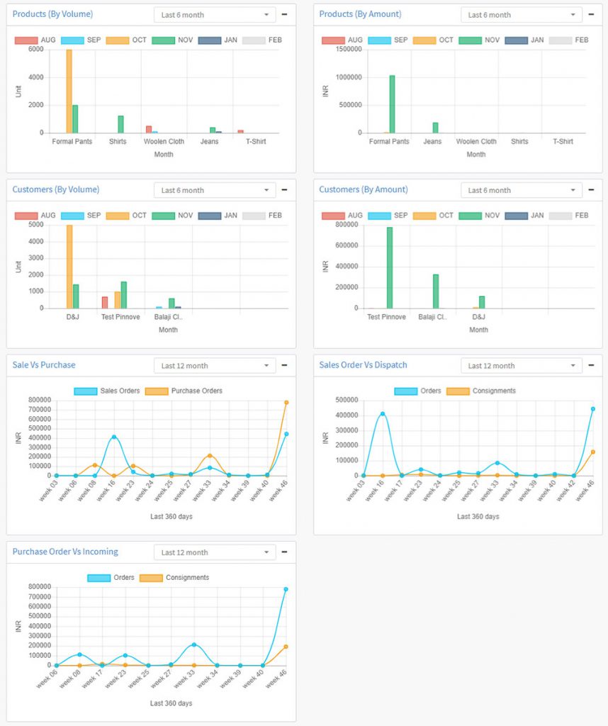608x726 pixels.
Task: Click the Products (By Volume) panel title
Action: coord(52,14)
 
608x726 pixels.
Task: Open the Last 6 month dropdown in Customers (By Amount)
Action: coord(522,190)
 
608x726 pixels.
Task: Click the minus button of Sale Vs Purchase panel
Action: coord(284,365)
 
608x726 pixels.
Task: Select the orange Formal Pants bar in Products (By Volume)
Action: coord(69,91)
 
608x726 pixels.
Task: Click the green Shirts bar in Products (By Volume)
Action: coord(120,124)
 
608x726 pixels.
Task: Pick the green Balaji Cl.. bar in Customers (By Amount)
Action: coord(436,291)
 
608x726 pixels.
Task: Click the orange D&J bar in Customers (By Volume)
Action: coord(69,267)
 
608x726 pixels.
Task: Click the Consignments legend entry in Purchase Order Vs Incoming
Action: coord(186,577)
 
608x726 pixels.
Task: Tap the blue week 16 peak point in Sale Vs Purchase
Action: coord(114,437)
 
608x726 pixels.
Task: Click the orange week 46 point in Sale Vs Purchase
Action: coord(286,402)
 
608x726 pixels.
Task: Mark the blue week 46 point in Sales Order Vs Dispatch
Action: coord(593,408)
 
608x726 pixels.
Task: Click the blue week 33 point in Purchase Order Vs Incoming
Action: coord(193,644)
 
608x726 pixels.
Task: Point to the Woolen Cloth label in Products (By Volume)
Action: coord(164,142)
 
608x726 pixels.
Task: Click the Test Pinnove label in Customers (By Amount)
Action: coord(386,317)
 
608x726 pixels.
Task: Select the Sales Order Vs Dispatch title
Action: coord(364,365)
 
